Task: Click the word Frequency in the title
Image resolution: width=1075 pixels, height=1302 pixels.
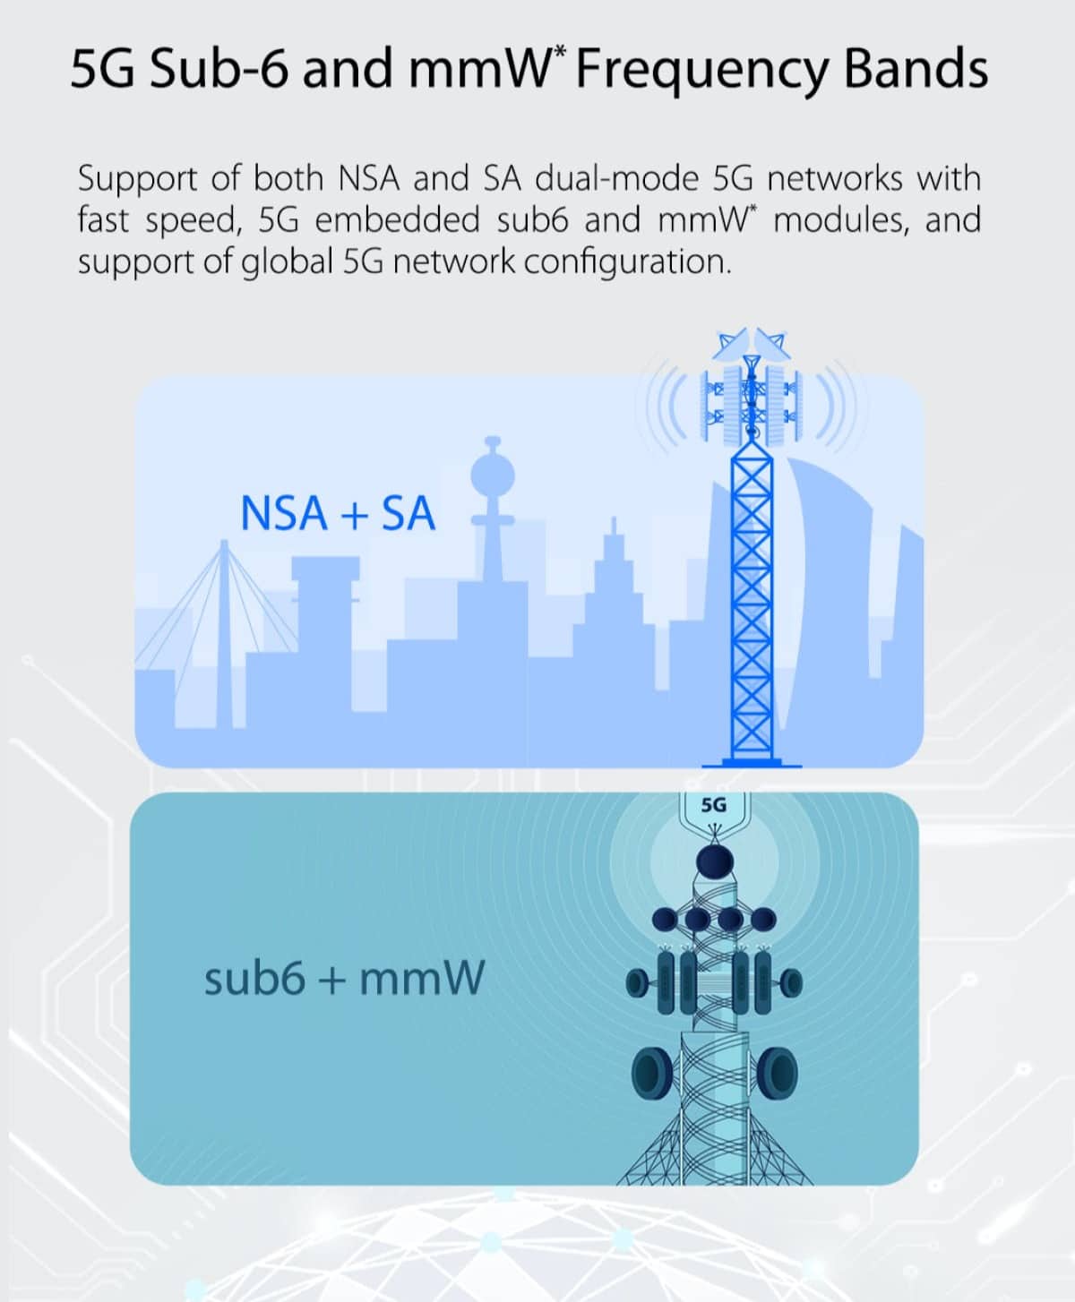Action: click(702, 70)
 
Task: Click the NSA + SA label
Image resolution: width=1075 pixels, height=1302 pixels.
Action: click(338, 513)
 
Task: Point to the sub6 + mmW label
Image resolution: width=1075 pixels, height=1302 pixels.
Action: click(344, 978)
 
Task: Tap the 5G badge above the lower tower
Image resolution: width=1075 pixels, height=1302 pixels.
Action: click(714, 806)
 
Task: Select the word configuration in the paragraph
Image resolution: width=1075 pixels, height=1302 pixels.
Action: click(626, 262)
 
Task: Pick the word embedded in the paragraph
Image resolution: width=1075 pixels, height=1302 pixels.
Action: click(398, 220)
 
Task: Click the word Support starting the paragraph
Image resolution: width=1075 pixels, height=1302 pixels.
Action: click(138, 180)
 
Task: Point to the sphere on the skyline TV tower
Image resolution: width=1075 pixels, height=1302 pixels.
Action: click(493, 475)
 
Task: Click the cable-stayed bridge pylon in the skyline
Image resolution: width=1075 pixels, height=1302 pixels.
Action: click(224, 633)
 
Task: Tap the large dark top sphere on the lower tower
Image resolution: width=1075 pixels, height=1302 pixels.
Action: click(715, 862)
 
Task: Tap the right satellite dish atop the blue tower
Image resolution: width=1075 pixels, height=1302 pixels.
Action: click(772, 345)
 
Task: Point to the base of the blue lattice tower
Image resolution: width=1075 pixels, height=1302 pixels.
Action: click(752, 762)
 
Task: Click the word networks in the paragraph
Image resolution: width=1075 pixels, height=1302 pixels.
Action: click(835, 179)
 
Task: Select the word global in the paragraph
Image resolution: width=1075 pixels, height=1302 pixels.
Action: click(287, 262)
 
